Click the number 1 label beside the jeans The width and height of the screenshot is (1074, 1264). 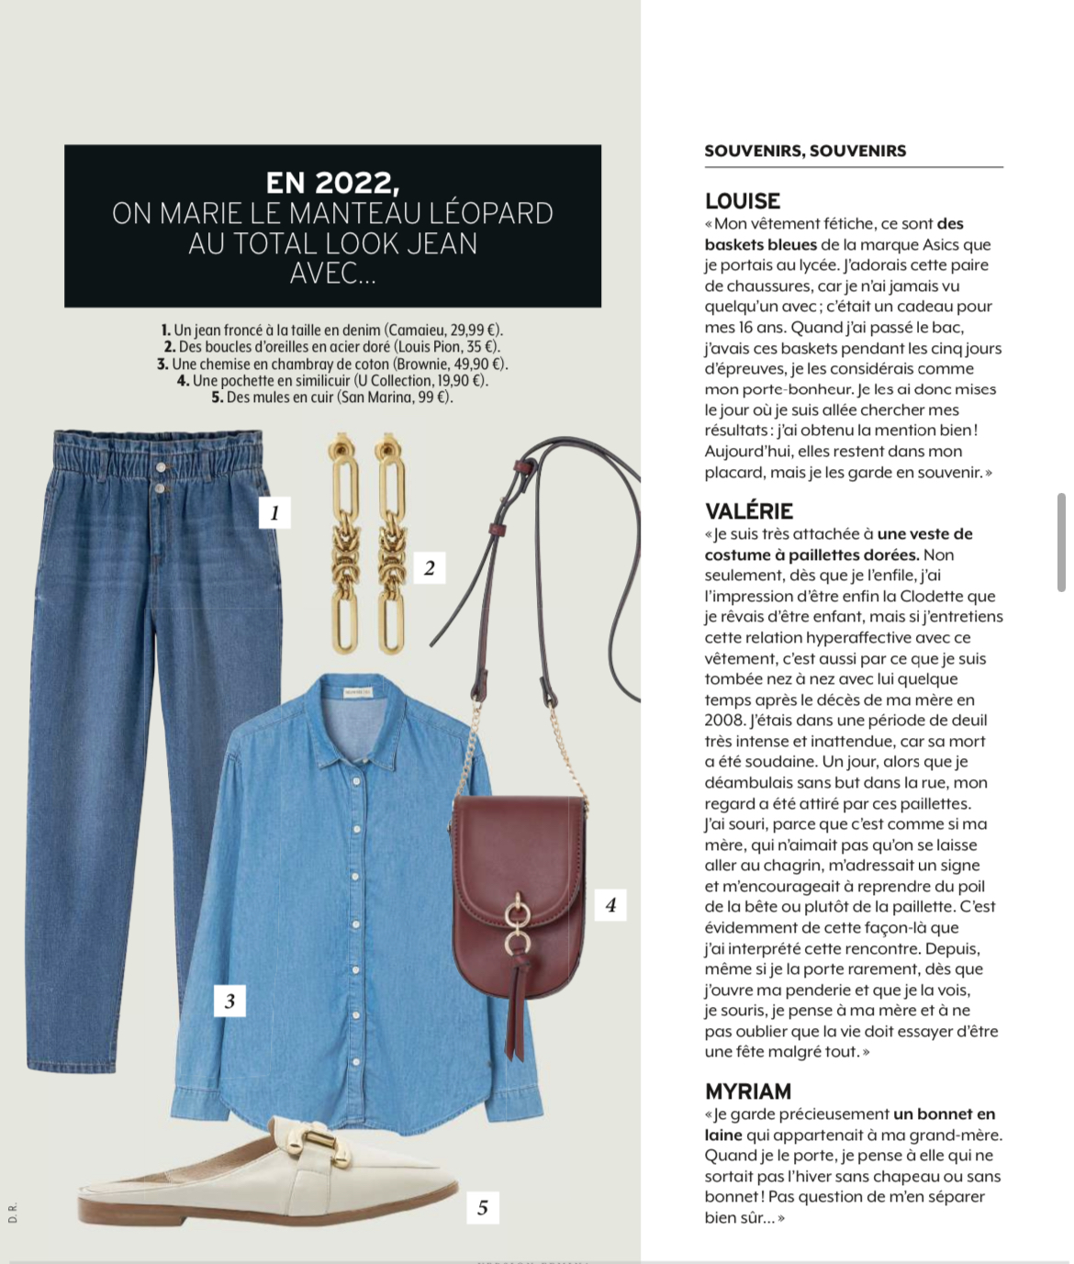pos(274,513)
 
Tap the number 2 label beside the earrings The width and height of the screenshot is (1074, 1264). pos(429,568)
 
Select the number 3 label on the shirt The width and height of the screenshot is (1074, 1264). pos(229,1001)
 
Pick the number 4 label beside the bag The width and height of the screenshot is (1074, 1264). pos(610,905)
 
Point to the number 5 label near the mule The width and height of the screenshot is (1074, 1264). pos(483,1208)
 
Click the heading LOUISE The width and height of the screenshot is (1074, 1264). pos(743,201)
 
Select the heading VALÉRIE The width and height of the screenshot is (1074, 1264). pos(749,511)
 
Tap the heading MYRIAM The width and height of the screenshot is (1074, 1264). pos(748,1091)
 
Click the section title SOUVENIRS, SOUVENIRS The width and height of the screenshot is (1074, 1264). pos(805,151)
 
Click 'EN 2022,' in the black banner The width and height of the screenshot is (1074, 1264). pos(332,184)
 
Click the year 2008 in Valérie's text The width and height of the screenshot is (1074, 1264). pos(724,721)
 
